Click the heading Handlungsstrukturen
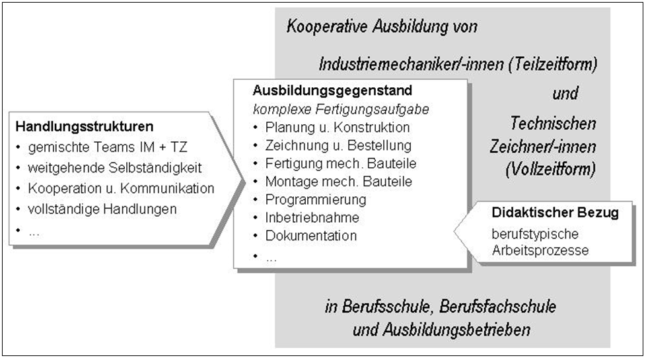pyautogui.click(x=85, y=126)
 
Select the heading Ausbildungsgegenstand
pyautogui.click(x=332, y=90)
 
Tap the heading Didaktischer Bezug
pyautogui.click(x=556, y=213)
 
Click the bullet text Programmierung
pyautogui.click(x=316, y=199)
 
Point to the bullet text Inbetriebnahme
pyautogui.click(x=312, y=217)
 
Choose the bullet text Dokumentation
pyautogui.click(x=311, y=236)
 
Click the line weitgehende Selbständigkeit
pyautogui.click(x=115, y=168)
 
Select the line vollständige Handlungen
pyautogui.click(x=102, y=209)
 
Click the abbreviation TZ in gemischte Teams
pyautogui.click(x=178, y=147)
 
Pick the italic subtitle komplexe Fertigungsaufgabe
pyautogui.click(x=341, y=109)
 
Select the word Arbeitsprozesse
pyautogui.click(x=540, y=250)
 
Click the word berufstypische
pyautogui.click(x=535, y=234)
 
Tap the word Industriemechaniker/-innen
pyautogui.click(x=412, y=64)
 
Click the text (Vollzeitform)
pyautogui.click(x=551, y=169)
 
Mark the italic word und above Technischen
pyautogui.click(x=565, y=94)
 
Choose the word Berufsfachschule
pyautogui.click(x=497, y=307)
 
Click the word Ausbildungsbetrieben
pyautogui.click(x=457, y=330)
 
